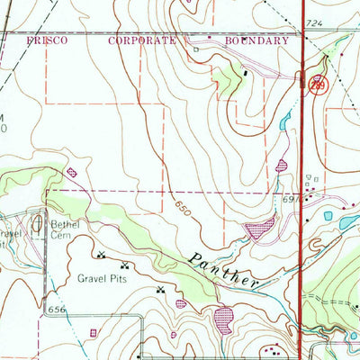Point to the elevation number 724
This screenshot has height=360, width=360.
tap(312, 21)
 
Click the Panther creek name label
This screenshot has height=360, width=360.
tap(225, 269)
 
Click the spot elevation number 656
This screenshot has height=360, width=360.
tap(58, 309)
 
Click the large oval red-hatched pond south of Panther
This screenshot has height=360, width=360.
tap(222, 317)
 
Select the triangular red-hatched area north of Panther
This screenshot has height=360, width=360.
tap(260, 229)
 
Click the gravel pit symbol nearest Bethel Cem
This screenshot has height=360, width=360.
tap(101, 255)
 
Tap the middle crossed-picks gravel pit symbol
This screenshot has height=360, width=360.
tap(122, 265)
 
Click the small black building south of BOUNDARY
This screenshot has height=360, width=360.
tap(245, 72)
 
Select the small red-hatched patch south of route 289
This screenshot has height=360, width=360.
tap(283, 166)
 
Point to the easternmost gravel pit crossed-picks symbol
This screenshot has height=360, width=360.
tap(161, 290)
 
